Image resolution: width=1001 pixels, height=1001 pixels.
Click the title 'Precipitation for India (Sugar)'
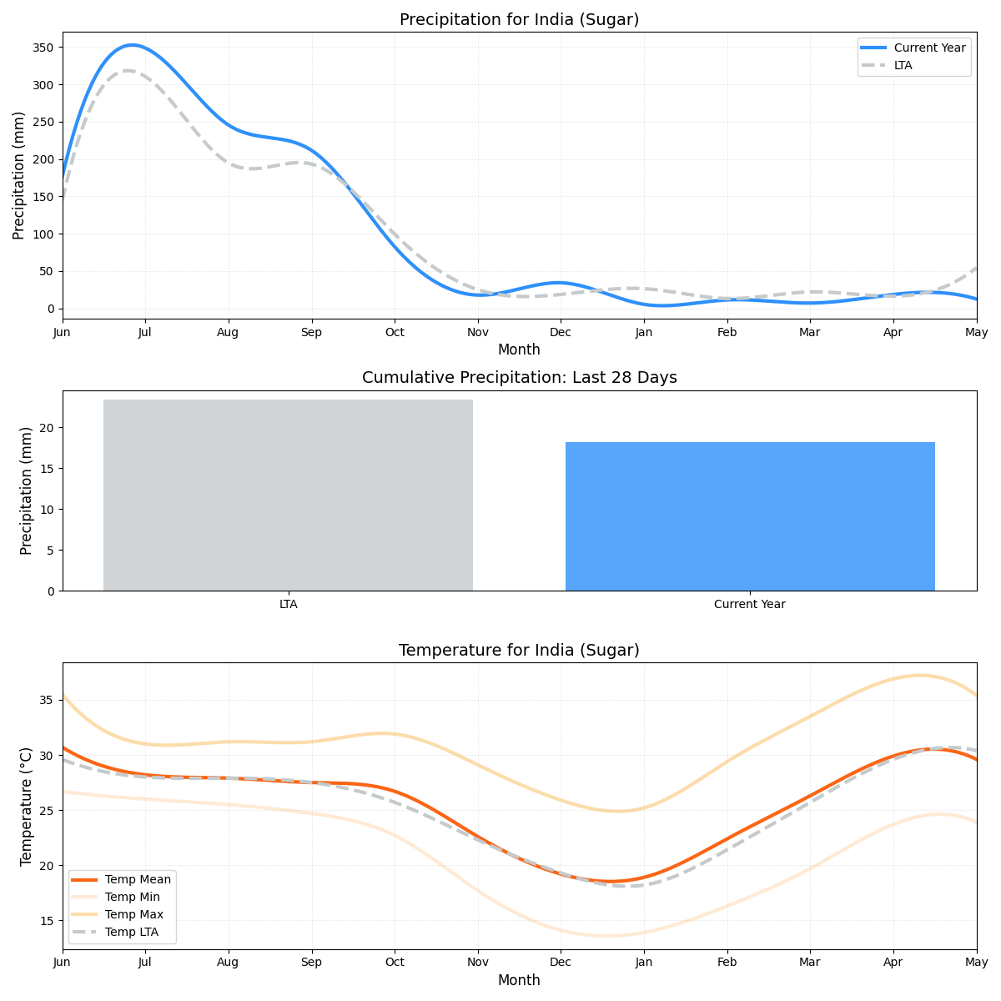click(519, 20)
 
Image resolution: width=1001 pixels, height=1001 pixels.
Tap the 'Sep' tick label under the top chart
click(311, 332)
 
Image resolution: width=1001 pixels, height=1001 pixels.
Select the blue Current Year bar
click(750, 516)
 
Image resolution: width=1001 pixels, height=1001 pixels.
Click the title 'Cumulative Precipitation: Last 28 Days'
click(519, 378)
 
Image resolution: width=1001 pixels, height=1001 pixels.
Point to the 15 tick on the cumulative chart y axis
click(48, 469)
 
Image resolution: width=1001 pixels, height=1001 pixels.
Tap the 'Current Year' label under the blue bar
click(750, 604)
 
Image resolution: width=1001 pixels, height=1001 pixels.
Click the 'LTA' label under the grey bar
click(288, 604)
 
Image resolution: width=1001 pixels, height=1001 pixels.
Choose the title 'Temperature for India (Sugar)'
click(519, 651)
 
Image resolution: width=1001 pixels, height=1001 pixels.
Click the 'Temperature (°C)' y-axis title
click(27, 806)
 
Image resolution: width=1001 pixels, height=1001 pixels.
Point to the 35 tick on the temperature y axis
click(48, 700)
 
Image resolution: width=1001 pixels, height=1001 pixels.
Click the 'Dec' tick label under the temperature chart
click(561, 962)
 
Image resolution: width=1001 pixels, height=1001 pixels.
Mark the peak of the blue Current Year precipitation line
click(131, 45)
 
